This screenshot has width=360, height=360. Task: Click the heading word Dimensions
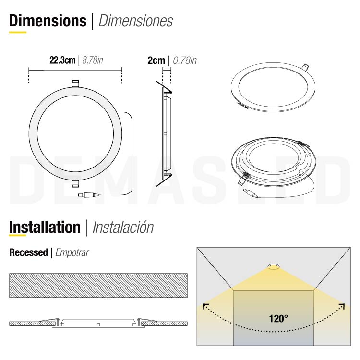48,21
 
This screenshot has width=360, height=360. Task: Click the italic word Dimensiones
135,21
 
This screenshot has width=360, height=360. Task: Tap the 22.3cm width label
62,60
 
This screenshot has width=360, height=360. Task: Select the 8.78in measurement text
93,60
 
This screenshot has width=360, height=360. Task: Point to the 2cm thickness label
156,60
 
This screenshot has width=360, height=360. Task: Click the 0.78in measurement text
184,60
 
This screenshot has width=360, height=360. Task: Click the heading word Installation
45,227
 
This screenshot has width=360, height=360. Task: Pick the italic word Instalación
123,227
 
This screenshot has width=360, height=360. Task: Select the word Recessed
28,252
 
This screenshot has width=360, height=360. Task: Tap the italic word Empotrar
72,252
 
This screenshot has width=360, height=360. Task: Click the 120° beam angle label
278,318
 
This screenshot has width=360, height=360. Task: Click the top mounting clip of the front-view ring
75,84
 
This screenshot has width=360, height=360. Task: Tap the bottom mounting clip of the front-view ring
75,183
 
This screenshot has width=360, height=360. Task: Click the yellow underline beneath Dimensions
18,32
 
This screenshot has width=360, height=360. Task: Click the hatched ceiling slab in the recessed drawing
98,286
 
